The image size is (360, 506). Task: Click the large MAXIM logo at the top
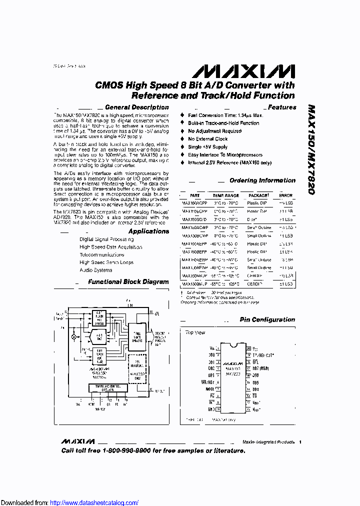coord(243,70)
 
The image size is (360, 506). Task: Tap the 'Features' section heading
coord(282,107)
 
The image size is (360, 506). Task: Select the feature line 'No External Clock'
coord(207,139)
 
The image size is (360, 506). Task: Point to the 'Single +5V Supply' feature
coord(207,147)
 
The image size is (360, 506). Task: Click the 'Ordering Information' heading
coord(262,180)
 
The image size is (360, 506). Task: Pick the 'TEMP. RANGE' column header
coord(225,196)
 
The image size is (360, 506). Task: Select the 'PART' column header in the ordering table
coord(194,196)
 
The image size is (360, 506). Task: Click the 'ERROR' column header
coord(285,196)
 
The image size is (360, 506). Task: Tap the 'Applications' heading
coord(148,231)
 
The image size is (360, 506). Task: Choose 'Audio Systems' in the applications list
coord(96,270)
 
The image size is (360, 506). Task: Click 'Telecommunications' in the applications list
coord(102,254)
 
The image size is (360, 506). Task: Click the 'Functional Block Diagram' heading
coord(128,282)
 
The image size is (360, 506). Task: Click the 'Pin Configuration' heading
coord(267,320)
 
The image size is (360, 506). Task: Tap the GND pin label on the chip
coord(212,408)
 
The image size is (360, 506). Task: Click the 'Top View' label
coord(195,332)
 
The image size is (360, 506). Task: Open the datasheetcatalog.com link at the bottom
coord(94,502)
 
